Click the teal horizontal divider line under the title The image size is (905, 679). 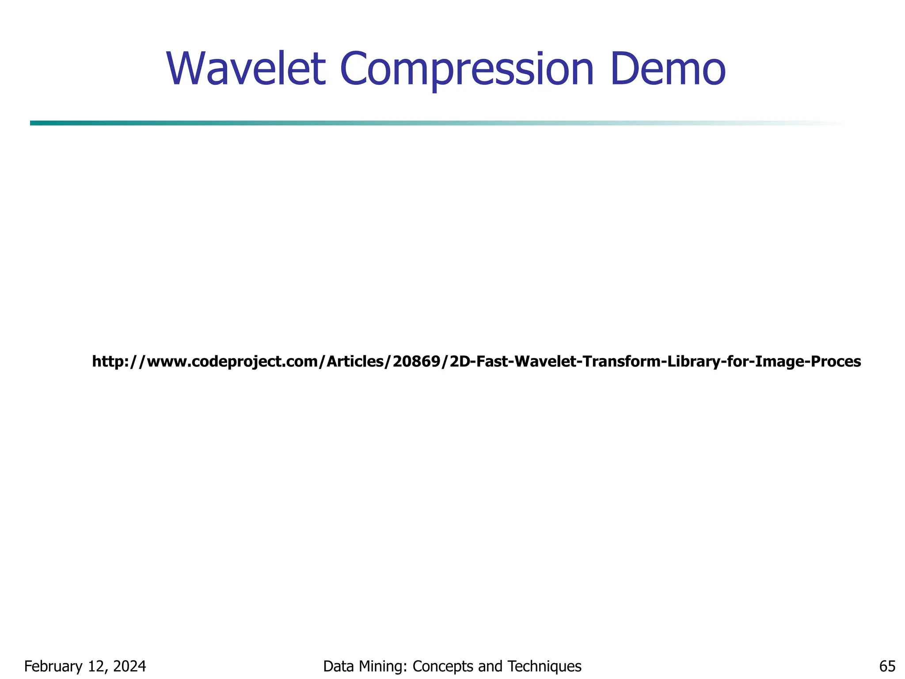coord(309,123)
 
